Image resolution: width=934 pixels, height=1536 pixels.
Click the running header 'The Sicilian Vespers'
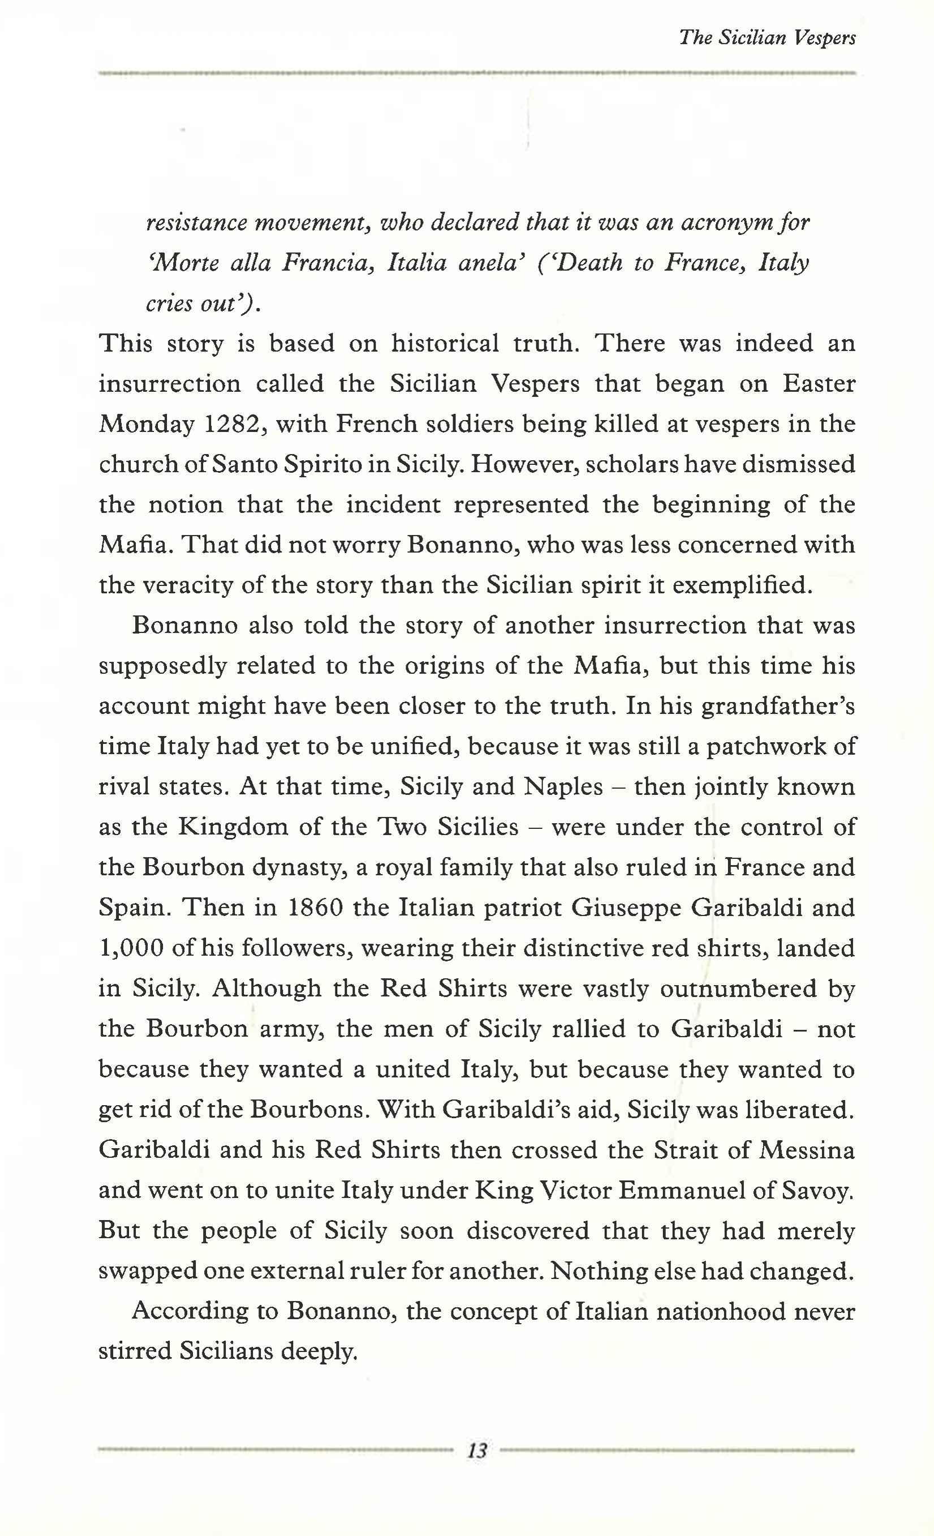click(x=767, y=38)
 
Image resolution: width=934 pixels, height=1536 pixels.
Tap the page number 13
click(x=477, y=1451)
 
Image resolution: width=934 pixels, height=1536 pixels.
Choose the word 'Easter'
click(x=819, y=384)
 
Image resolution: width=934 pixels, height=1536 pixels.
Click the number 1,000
click(x=131, y=948)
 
